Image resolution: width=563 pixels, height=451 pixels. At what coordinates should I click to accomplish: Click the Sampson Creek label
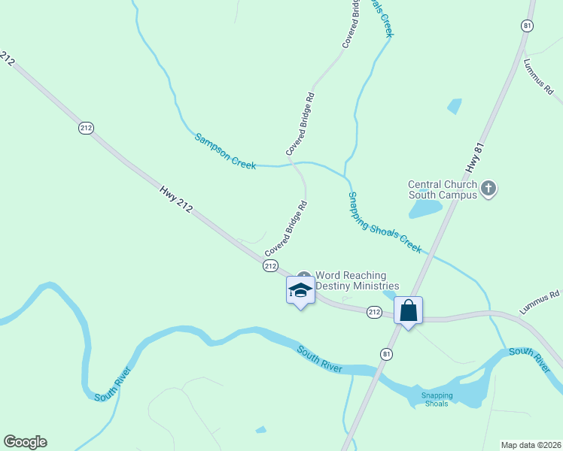[x=225, y=151]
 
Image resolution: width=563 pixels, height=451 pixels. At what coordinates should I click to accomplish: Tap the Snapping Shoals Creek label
[x=384, y=222]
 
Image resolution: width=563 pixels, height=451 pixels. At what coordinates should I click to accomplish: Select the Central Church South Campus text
[x=443, y=189]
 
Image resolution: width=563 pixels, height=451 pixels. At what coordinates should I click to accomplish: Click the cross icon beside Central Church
[x=488, y=189]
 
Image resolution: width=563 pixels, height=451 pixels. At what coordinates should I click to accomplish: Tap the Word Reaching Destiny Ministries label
[x=357, y=280]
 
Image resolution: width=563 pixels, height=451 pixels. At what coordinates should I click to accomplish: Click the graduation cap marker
[x=300, y=291]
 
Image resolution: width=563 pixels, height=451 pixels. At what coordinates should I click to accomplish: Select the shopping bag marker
[x=408, y=310]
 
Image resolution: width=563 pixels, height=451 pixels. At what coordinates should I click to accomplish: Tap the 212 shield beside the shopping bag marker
[x=374, y=311]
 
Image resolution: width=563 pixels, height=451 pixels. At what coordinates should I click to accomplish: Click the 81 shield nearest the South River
[x=387, y=354]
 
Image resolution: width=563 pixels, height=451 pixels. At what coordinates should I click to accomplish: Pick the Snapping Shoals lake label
[x=437, y=399]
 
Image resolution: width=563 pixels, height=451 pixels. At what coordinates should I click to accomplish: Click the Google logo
[x=25, y=442]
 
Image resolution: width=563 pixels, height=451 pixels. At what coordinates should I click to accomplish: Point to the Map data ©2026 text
[x=531, y=445]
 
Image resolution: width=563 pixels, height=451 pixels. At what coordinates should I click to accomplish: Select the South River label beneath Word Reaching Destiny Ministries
[x=319, y=360]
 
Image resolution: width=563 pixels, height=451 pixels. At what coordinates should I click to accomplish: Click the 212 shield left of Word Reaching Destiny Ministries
[x=271, y=266]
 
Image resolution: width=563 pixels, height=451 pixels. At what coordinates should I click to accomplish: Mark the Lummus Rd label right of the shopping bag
[x=540, y=302]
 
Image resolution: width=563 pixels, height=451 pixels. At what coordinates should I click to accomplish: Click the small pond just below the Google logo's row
[x=260, y=429]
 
